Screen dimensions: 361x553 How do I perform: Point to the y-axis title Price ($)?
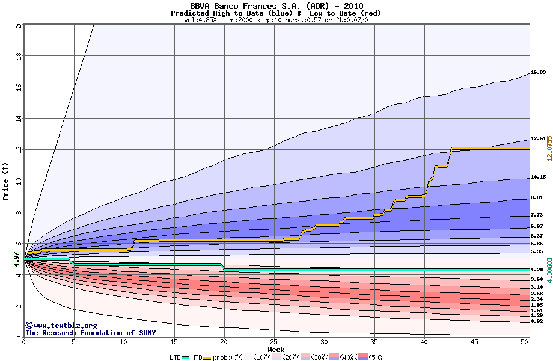[5, 181]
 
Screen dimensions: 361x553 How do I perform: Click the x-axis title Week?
[276, 349]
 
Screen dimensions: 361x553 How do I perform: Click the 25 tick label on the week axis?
[274, 342]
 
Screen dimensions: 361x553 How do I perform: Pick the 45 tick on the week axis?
[475, 342]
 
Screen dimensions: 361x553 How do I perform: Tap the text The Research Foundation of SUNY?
[89, 333]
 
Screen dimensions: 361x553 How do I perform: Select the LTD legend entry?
[176, 357]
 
